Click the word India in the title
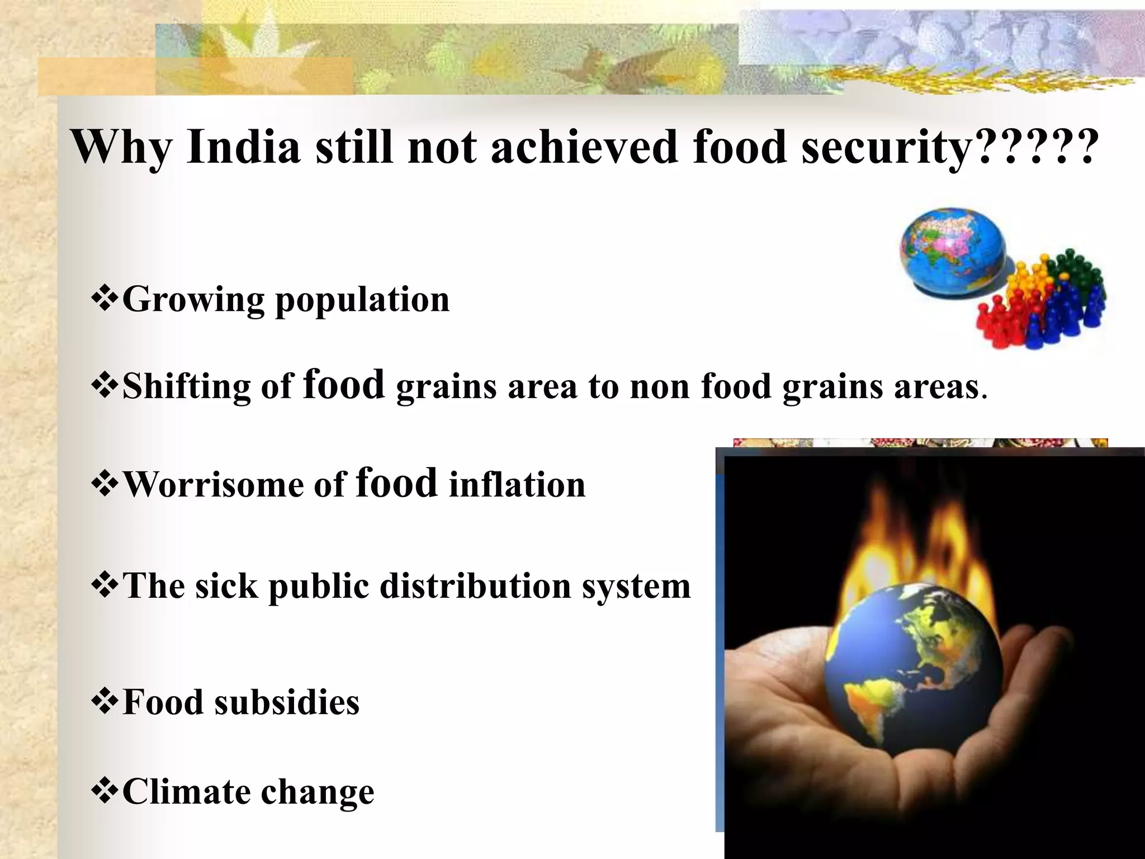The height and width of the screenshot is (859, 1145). pyautogui.click(x=244, y=147)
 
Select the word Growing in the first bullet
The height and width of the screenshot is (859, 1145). pyautogui.click(x=193, y=299)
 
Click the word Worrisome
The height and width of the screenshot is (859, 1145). pyautogui.click(x=213, y=484)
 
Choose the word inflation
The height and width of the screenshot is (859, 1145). pyautogui.click(x=517, y=484)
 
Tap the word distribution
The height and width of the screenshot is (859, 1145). pyautogui.click(x=476, y=586)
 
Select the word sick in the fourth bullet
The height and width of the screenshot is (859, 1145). pyautogui.click(x=226, y=586)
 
